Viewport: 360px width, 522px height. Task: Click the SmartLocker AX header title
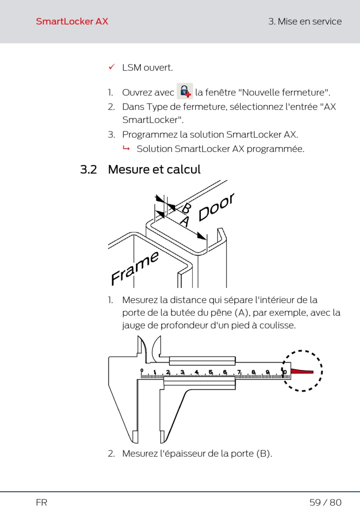72,22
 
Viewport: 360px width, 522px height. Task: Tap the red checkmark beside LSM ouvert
111,67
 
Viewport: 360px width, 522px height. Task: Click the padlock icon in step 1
185,91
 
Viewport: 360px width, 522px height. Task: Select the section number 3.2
88,169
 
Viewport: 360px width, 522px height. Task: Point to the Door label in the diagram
216,207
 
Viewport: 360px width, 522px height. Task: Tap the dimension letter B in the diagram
187,208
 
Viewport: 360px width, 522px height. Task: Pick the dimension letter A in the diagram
185,221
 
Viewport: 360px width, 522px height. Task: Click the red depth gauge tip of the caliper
302,372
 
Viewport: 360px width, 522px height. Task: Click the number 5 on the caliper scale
211,372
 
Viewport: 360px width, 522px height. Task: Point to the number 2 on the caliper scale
168,372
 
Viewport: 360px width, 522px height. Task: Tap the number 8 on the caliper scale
254,372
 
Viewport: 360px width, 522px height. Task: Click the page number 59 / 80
325,503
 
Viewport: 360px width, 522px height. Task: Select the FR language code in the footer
42,503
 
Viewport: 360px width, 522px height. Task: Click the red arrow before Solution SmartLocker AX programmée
126,148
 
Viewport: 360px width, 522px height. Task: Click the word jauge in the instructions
133,325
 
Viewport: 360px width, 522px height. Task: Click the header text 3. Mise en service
305,22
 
